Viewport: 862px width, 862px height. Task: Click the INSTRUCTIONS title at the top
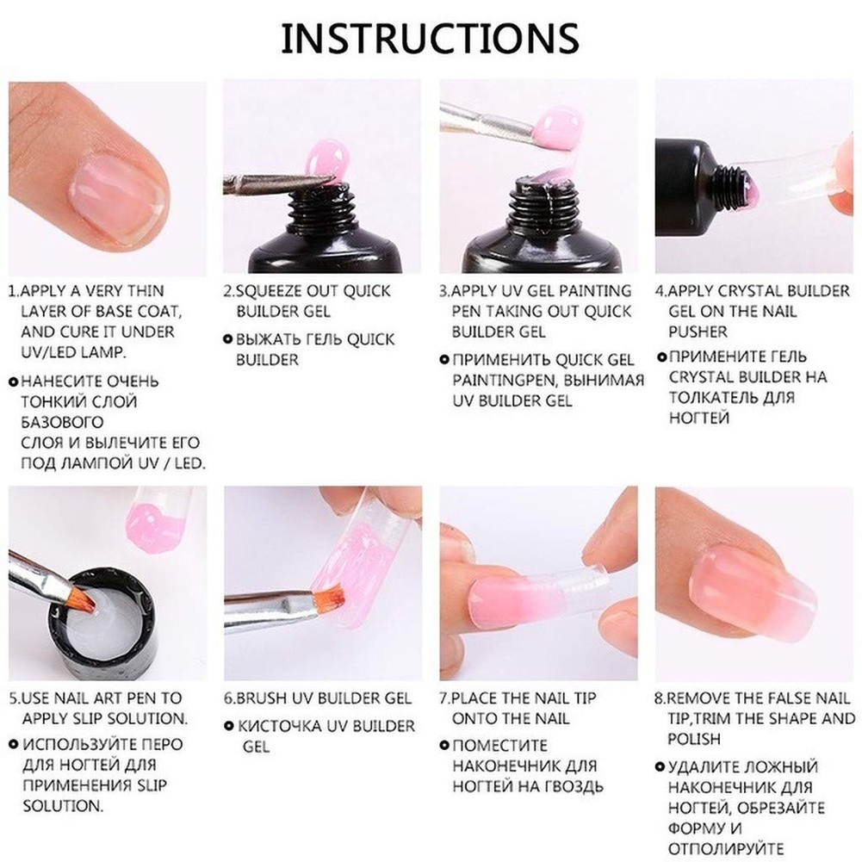pos(430,39)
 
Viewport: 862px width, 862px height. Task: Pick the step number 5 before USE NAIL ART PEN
pos(14,698)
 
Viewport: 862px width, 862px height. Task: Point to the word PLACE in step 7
pos(482,698)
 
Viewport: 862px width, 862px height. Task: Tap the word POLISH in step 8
pos(694,739)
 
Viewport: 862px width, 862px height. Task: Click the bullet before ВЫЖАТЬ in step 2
pos(228,339)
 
